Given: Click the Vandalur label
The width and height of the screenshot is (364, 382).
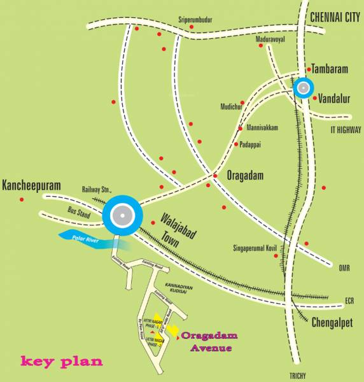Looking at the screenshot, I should coord(334,99).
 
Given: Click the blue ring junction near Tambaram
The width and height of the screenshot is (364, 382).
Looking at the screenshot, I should coord(304,87).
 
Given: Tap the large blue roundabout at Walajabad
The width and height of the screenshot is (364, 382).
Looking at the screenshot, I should coord(120,217).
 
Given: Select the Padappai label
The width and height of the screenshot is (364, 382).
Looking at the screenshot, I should coord(252,145).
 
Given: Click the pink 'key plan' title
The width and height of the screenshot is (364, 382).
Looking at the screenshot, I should coord(62,361).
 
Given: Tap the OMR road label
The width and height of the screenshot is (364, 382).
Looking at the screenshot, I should coord(344,268).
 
